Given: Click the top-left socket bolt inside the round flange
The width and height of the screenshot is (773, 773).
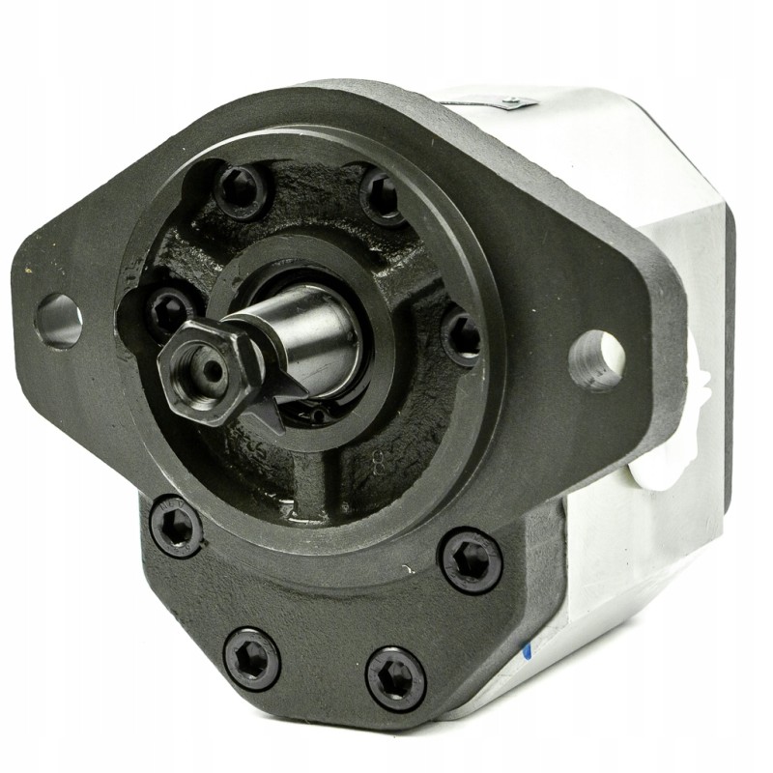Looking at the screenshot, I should [x=241, y=189].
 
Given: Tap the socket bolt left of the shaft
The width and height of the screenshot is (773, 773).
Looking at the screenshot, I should [x=170, y=311].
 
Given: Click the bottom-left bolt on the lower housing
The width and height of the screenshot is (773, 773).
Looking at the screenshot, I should [x=251, y=658].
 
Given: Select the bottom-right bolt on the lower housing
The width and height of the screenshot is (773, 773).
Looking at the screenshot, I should [x=396, y=677].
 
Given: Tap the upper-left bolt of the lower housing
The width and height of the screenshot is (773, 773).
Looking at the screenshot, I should [x=177, y=527].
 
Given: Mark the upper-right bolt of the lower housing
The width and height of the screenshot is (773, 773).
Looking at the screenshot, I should [x=471, y=561].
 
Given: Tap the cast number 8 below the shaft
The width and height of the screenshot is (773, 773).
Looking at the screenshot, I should [x=378, y=461].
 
